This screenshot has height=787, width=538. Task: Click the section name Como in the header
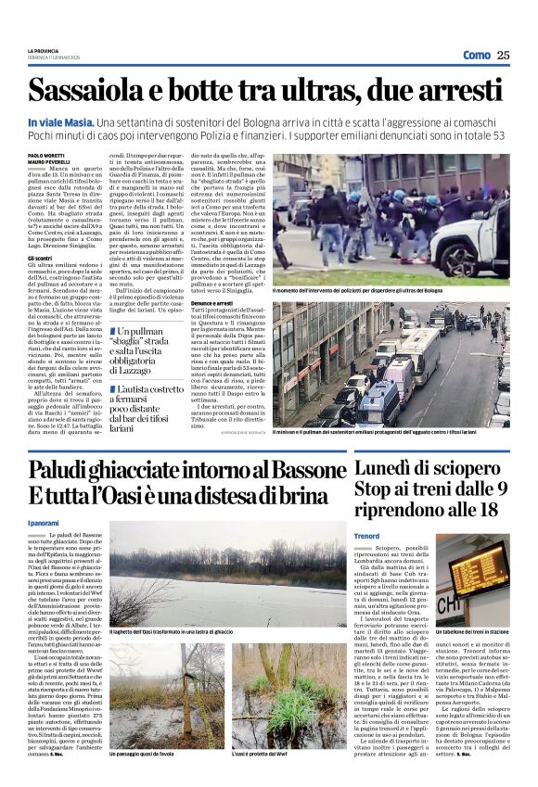click(477, 55)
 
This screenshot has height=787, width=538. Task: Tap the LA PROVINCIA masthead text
click(44, 51)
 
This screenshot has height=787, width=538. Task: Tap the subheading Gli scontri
click(40, 258)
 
